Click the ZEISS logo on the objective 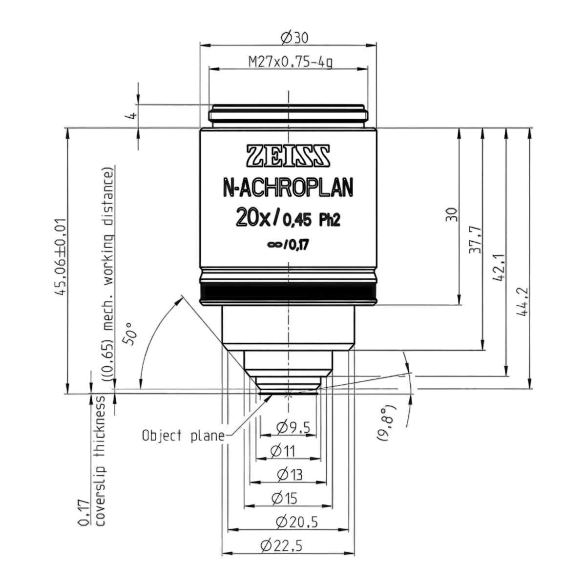288,156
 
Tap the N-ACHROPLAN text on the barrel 288,188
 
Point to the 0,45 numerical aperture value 297,220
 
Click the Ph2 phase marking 329,220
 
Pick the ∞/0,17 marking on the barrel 288,245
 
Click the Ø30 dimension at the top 294,38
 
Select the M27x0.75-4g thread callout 291,62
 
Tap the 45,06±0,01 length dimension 61,256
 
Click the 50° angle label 129,334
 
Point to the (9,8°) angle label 386,423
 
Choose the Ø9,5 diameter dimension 293,428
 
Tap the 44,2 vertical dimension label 523,302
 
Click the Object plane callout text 183,436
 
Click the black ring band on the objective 288,292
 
